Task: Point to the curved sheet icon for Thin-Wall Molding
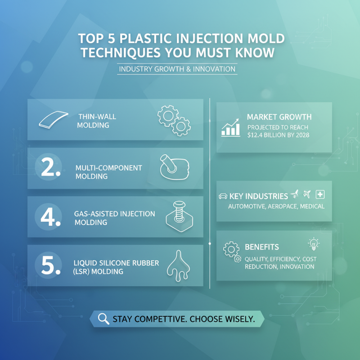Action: [53, 119]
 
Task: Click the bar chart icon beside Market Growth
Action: [231, 127]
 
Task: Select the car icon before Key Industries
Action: [223, 196]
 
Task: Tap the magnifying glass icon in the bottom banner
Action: [103, 319]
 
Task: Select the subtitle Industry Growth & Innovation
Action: [177, 69]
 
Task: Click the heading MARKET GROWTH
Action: [279, 117]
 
